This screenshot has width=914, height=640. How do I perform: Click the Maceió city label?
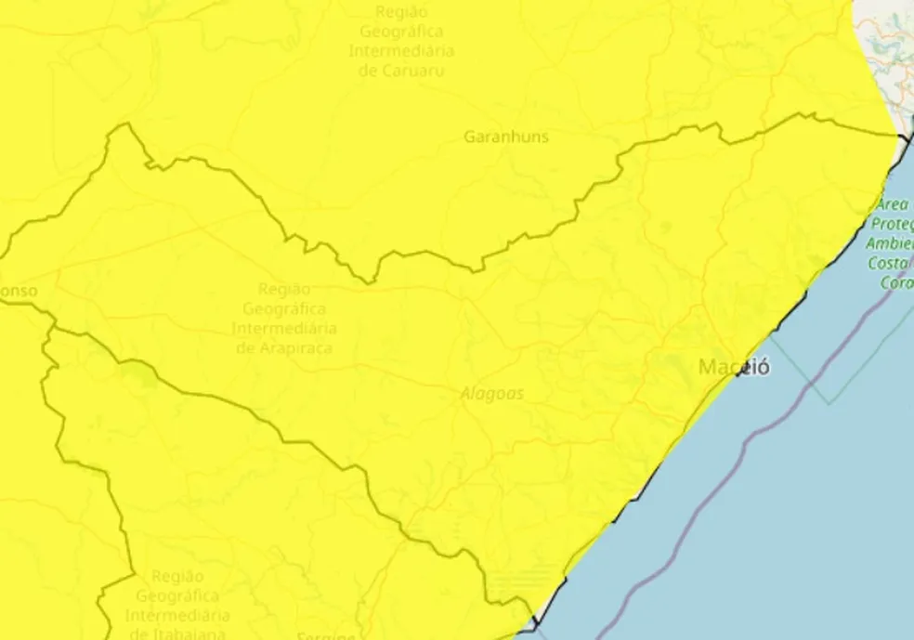click(734, 367)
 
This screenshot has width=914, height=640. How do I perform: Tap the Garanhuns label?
click(506, 137)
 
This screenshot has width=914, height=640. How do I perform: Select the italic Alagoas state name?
click(492, 394)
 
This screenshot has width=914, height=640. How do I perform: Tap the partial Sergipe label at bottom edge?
click(325, 636)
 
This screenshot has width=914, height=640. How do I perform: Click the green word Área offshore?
click(893, 204)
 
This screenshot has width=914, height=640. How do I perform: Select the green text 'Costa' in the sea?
click(892, 264)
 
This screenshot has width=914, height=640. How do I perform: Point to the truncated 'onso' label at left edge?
click(19, 291)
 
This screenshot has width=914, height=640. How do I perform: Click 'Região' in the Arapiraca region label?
click(284, 289)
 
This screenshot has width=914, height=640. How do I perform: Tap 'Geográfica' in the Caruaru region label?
click(401, 31)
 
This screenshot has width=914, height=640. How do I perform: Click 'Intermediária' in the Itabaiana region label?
click(177, 615)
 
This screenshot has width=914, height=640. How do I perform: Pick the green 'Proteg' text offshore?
click(892, 224)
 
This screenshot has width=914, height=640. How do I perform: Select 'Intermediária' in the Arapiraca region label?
click(284, 328)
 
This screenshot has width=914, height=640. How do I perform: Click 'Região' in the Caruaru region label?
click(401, 11)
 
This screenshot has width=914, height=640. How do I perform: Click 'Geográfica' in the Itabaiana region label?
click(177, 595)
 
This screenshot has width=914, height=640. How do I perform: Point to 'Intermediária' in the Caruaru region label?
click(401, 50)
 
